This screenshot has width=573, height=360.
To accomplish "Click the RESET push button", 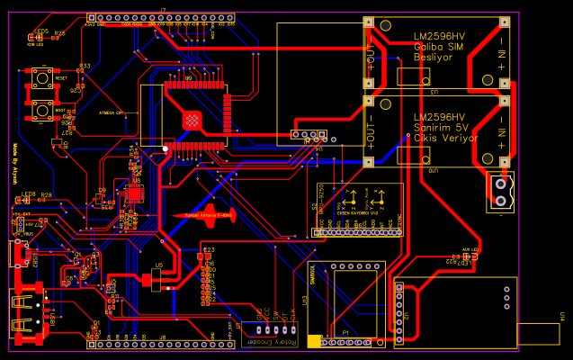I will [x=41, y=79].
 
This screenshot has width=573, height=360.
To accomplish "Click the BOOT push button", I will [x=41, y=111].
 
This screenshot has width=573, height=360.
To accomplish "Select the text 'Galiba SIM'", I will [x=438, y=46].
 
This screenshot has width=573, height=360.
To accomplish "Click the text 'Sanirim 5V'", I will [x=440, y=128].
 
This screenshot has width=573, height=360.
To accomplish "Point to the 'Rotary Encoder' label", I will [x=275, y=343].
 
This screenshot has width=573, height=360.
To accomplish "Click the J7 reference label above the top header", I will [x=163, y=10].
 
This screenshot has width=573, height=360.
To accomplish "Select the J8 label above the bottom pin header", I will [x=163, y=337].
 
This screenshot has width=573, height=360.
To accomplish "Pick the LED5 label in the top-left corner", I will [x=41, y=31].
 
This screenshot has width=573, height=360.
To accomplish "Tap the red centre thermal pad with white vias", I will [x=192, y=119].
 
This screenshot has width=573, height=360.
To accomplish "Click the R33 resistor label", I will [x=85, y=66].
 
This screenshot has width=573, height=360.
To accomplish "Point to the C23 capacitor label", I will [x=210, y=249].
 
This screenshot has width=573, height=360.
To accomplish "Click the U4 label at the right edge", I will [x=562, y=317].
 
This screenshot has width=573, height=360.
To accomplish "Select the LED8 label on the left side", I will [x=28, y=194].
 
